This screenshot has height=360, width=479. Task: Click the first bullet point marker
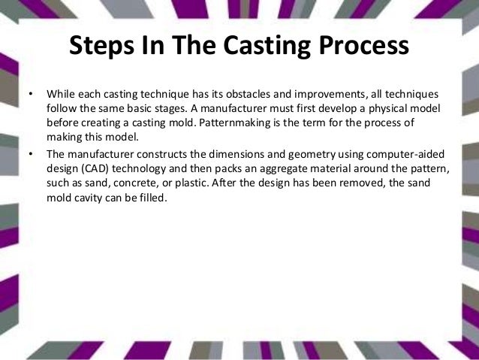click(30, 95)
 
